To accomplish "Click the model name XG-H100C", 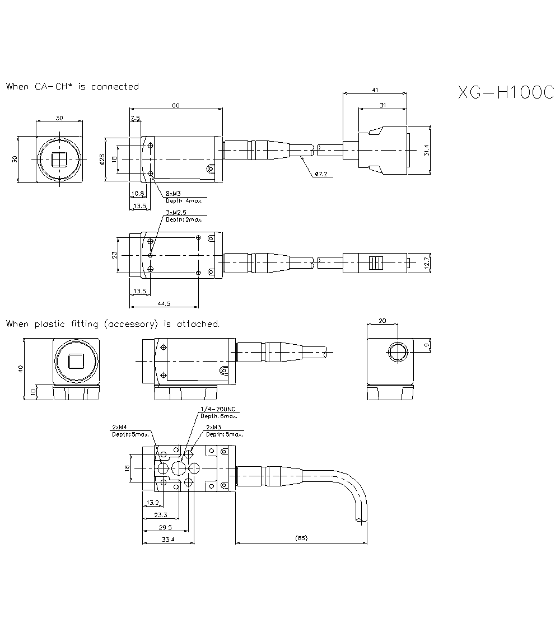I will [x=506, y=93].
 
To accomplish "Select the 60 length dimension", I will [x=176, y=105].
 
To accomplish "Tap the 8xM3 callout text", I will [x=173, y=194].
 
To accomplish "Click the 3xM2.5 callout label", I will [x=176, y=213].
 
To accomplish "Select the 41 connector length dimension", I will [x=374, y=89].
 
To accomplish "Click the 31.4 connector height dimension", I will [x=427, y=151].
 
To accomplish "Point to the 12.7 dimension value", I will [x=427, y=262].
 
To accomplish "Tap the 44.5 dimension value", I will [x=164, y=303].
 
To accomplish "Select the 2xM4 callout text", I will [x=119, y=428].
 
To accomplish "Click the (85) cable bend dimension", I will [x=301, y=538].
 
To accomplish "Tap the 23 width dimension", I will [x=114, y=255].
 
